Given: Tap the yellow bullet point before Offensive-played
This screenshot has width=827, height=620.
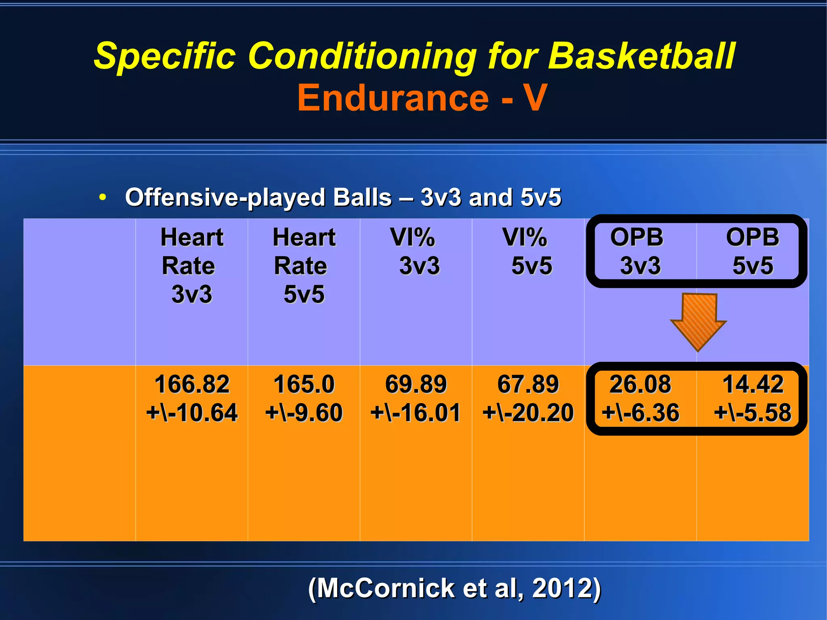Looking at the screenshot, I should pyautogui.click(x=103, y=198).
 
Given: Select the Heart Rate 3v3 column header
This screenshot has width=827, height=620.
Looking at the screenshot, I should pyautogui.click(x=191, y=265).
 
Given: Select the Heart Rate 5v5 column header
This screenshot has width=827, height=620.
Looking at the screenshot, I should pyautogui.click(x=304, y=265).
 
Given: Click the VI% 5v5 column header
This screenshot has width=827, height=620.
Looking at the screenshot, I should pyautogui.click(x=527, y=251).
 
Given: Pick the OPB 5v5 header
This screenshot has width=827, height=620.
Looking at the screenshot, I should pyautogui.click(x=752, y=251).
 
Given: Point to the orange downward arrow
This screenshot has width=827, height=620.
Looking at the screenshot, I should pyautogui.click(x=699, y=321).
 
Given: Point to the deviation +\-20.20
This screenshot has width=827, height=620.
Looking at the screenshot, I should pyautogui.click(x=528, y=413).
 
